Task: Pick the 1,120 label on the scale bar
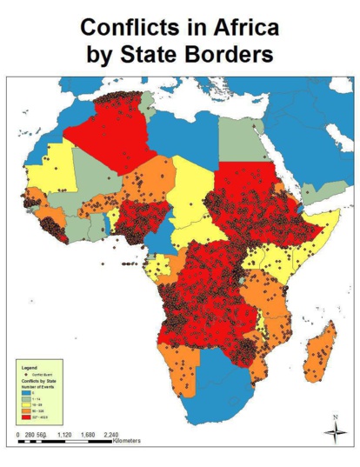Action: tap(64, 433)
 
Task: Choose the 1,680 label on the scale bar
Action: tap(88, 433)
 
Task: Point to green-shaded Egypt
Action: tap(240, 139)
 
